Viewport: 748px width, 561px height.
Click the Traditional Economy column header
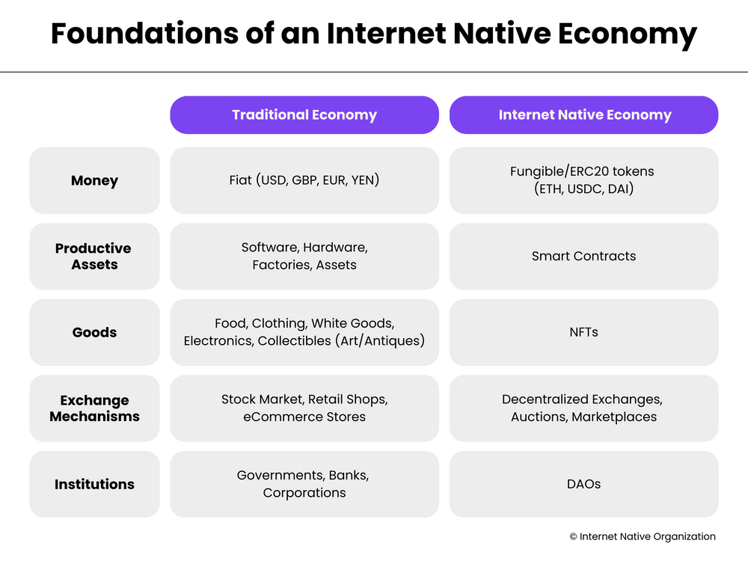click(304, 115)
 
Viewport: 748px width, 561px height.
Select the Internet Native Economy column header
click(584, 115)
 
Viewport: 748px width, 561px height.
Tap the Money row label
click(94, 181)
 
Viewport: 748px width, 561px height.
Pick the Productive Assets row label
click(93, 257)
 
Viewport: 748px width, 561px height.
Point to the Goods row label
click(94, 333)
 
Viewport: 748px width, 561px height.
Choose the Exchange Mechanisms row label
click(94, 408)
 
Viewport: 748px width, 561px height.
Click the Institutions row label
click(94, 485)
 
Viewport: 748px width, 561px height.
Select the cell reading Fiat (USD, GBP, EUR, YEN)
click(304, 180)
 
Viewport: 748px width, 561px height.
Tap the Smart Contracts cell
click(583, 257)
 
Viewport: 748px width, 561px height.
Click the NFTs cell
click(583, 333)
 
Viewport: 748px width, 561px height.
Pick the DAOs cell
click(583, 485)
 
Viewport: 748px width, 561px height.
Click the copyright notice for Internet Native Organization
click(643, 536)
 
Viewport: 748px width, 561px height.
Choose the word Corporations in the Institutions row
click(304, 493)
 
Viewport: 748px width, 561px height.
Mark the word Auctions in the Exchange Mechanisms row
click(537, 417)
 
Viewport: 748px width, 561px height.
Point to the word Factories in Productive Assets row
click(281, 265)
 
